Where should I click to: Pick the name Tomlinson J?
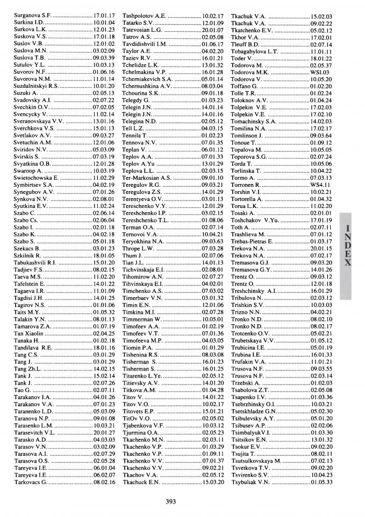click(247, 136)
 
